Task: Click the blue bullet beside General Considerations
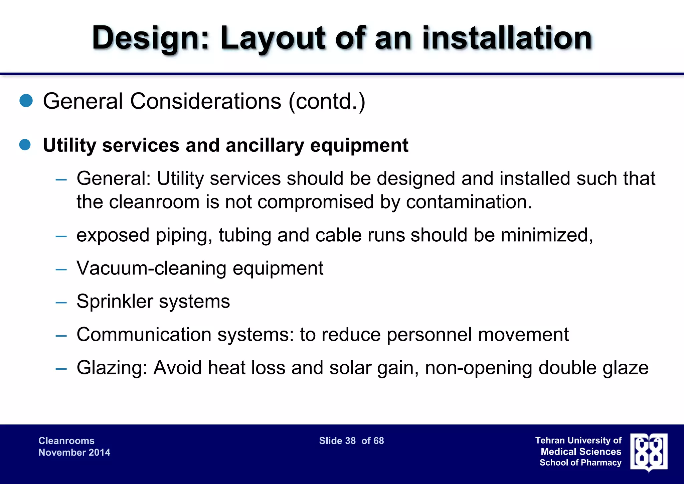pos(26,101)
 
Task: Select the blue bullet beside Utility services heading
pos(25,145)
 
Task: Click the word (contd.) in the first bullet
pos(327,101)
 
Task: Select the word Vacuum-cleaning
pos(152,268)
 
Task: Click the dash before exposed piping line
pos(61,236)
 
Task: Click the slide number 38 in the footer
pos(350,441)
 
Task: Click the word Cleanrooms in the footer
pos(66,441)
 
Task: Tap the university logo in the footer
pos(649,452)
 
